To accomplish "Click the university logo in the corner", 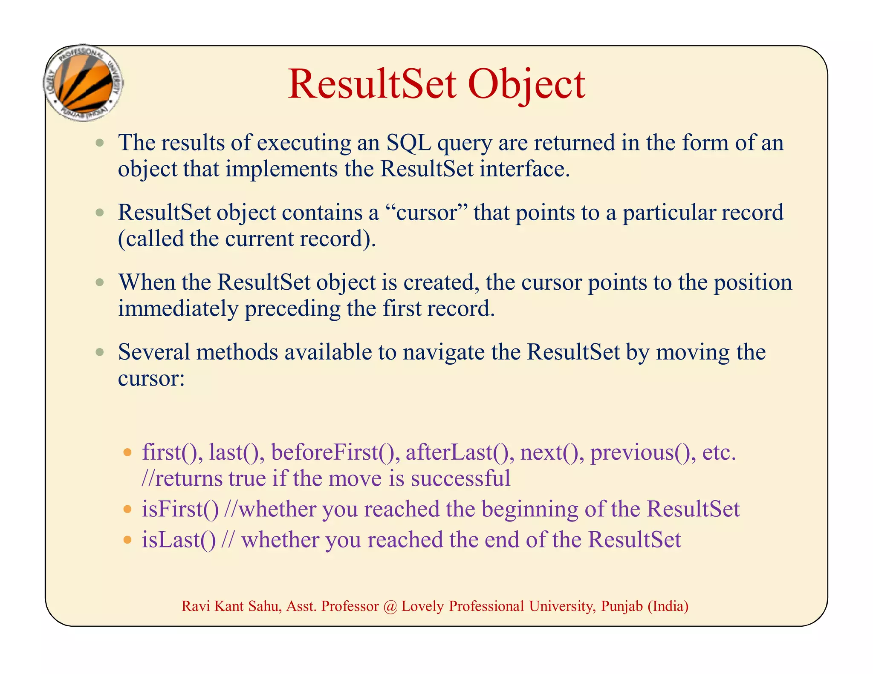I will coord(84,83).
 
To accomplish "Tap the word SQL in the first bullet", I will coord(408,143).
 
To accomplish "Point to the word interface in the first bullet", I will coord(524,169).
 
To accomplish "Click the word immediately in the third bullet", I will coord(178,309).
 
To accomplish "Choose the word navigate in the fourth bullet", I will coord(443,353).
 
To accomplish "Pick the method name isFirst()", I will coord(180,510).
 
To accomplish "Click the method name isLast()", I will coord(179,540).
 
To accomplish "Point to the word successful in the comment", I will coord(460,479).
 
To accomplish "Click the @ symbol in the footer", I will coord(390,606).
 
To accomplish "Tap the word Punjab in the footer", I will coord(622,606).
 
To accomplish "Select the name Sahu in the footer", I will coord(265,606).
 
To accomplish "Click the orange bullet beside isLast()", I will coord(127,540).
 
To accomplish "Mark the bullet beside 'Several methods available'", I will coord(100,352).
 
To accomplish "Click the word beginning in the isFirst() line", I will coord(529,510).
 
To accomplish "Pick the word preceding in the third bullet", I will coord(292,309).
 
